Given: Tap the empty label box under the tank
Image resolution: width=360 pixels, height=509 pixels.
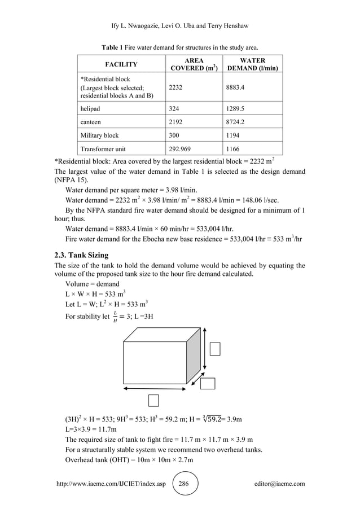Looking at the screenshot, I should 153,400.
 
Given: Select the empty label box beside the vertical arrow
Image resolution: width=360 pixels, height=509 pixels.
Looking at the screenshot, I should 214,349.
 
